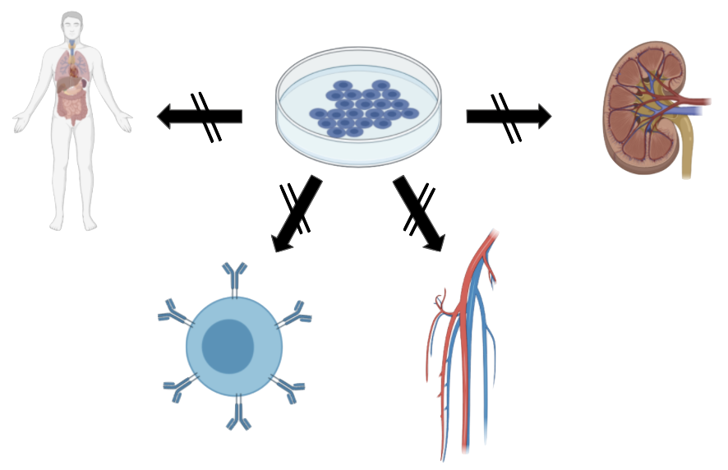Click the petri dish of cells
[x=358, y=107]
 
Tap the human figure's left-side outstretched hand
[x=20, y=125]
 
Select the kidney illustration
[x=649, y=114]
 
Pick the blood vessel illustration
[x=464, y=345]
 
